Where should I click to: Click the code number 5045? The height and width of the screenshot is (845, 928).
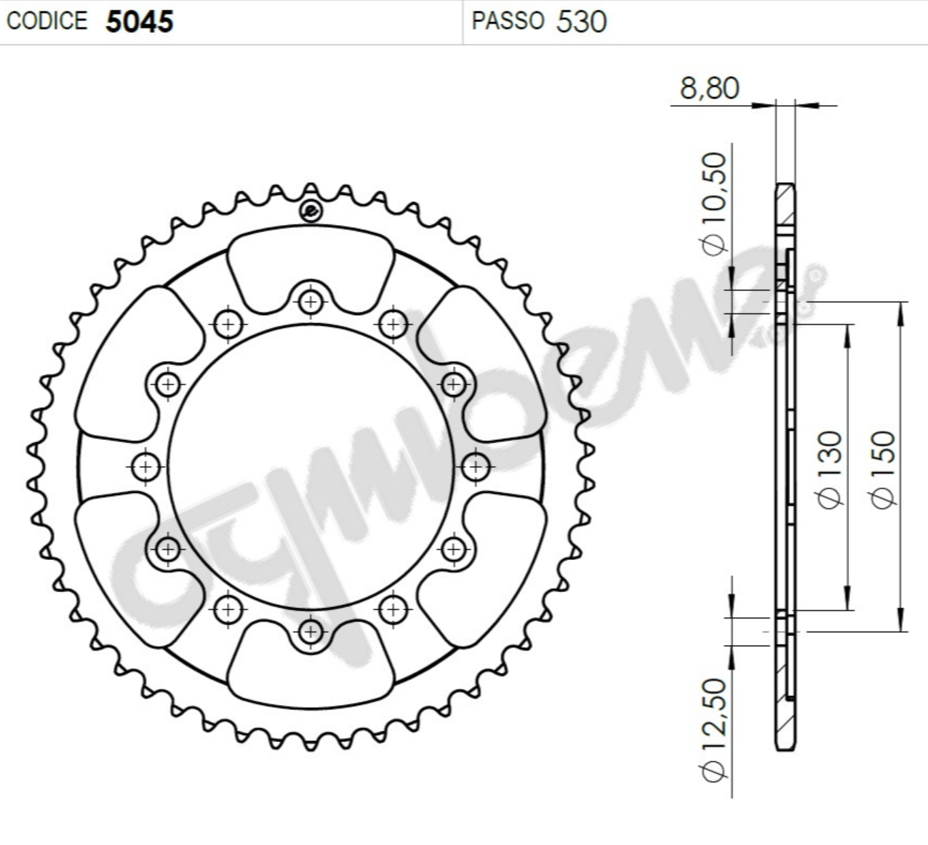(x=139, y=21)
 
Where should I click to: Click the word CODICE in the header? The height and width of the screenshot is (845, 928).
(x=47, y=21)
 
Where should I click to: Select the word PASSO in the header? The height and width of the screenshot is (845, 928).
(x=508, y=21)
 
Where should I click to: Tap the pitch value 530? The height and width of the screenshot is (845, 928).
(x=582, y=22)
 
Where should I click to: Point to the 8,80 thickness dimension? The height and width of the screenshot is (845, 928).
(x=709, y=89)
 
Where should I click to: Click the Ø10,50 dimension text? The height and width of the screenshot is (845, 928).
(x=714, y=203)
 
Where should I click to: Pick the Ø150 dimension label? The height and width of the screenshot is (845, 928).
(x=882, y=469)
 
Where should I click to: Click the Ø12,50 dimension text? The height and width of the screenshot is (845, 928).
(x=714, y=729)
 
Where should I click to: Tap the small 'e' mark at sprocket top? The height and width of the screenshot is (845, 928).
(x=311, y=211)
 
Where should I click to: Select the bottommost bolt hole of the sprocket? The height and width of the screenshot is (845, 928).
(x=310, y=631)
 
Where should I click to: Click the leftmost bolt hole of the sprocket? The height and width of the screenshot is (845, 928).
(x=146, y=467)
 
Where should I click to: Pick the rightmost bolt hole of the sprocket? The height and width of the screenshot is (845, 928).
(x=475, y=467)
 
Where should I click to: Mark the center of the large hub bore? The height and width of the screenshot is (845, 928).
(x=311, y=467)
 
